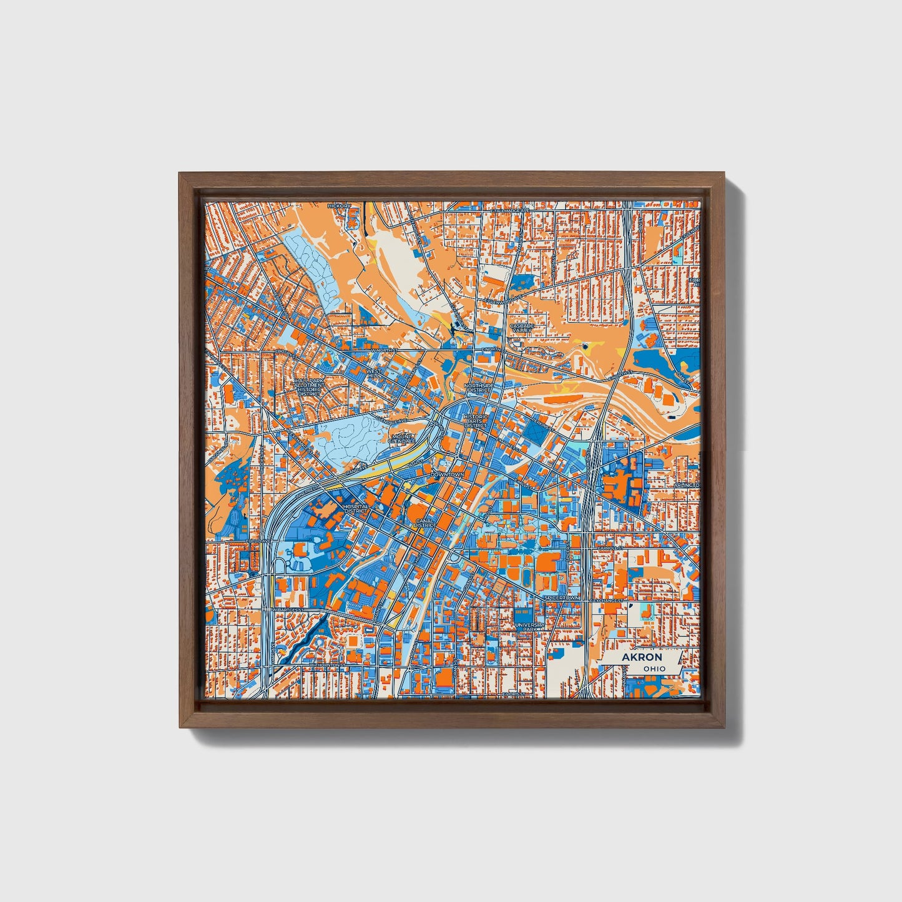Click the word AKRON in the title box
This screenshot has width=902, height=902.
[x=641, y=657]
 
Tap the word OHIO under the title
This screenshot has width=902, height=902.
[x=654, y=669]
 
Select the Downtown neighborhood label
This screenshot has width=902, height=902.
[x=447, y=474]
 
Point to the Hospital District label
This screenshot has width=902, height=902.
[x=356, y=509]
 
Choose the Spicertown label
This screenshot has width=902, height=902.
[x=562, y=597]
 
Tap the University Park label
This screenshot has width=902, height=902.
[x=529, y=626]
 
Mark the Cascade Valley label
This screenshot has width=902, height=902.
[x=521, y=328]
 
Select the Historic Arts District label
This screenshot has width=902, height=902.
[x=476, y=423]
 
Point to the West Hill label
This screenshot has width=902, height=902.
[x=373, y=373]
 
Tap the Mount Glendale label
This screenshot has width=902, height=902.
[x=401, y=438]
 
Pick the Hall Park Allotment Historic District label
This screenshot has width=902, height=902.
[x=310, y=387]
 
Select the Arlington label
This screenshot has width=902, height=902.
[x=687, y=485]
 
